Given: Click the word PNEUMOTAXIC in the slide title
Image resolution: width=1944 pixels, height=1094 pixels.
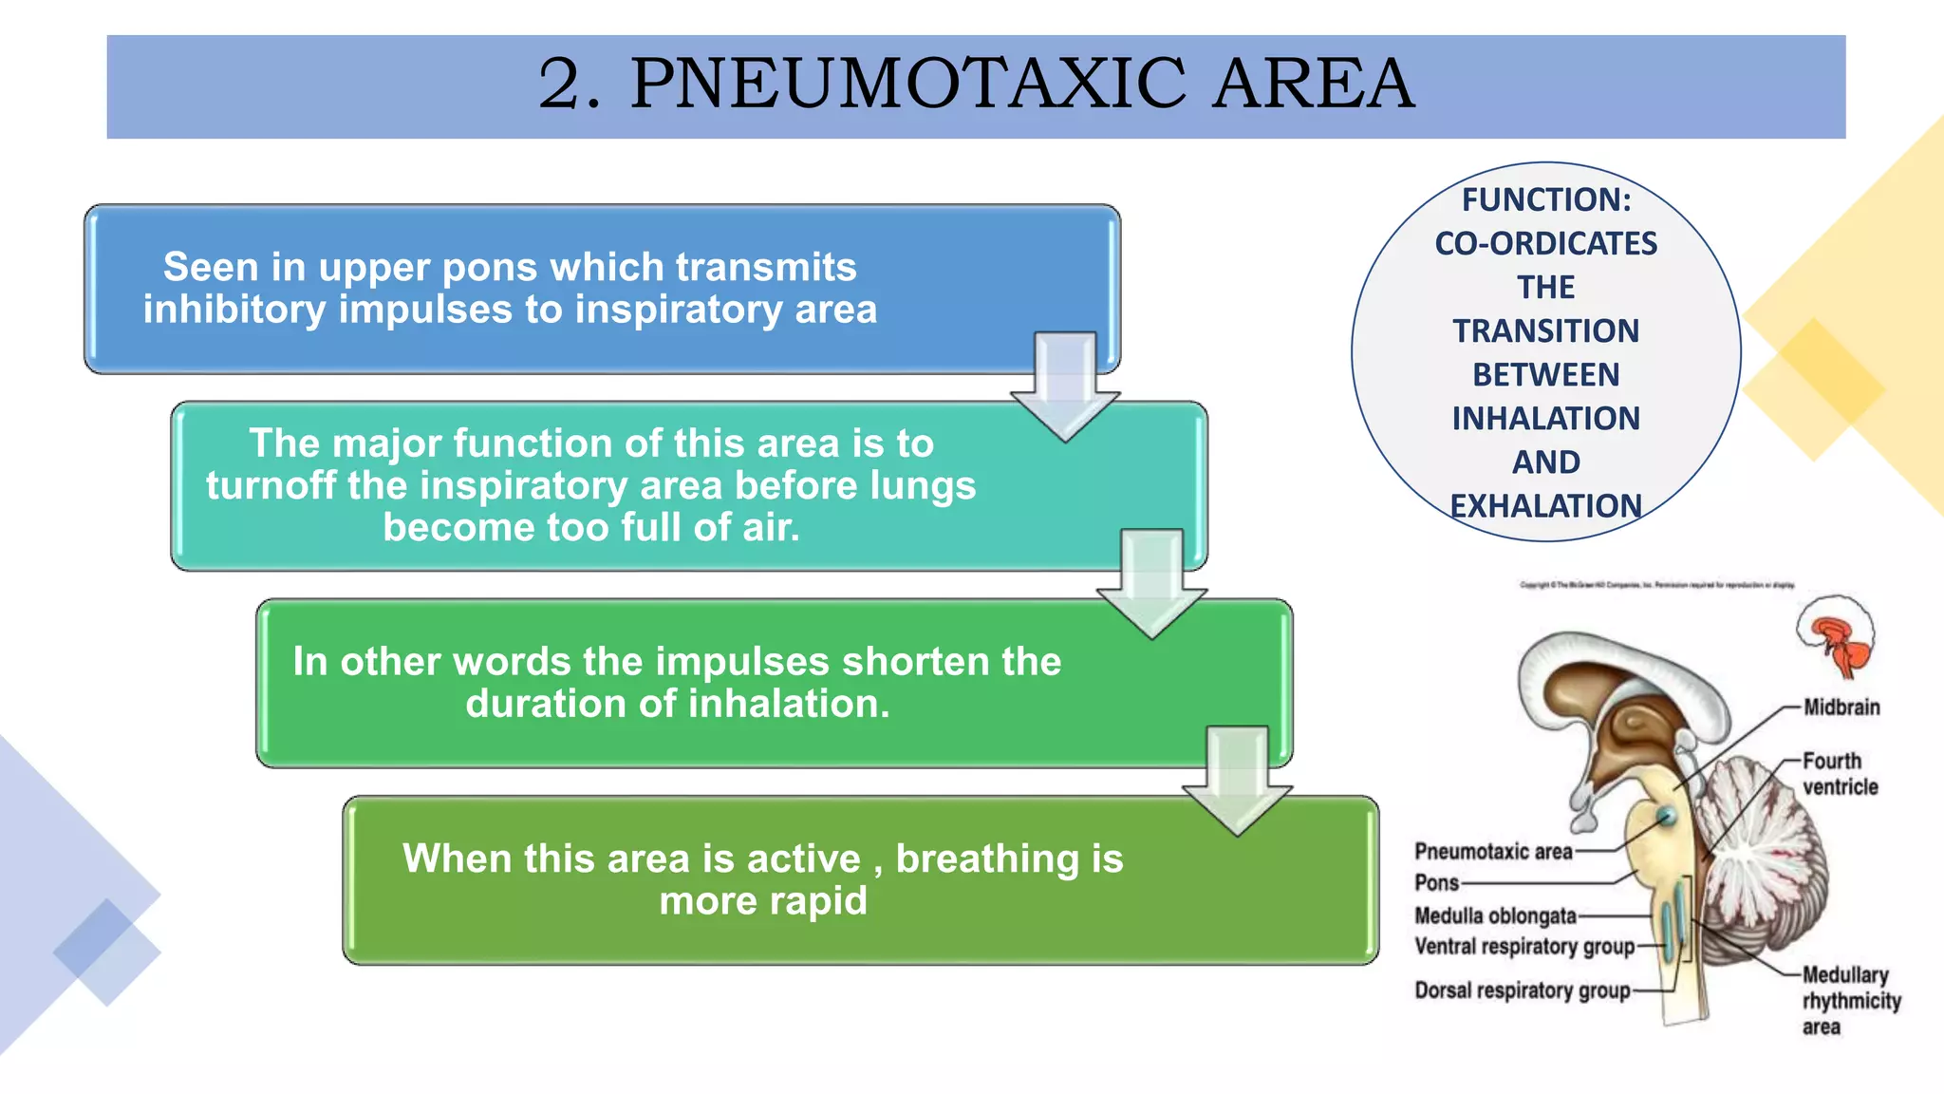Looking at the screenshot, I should pyautogui.click(x=908, y=84).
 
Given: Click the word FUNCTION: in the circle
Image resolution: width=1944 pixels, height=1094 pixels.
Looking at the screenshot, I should pyautogui.click(x=1546, y=200).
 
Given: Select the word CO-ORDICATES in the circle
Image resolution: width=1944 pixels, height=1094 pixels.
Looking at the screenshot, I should pyautogui.click(x=1546, y=244).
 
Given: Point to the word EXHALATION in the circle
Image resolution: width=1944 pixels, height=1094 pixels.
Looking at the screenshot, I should pyautogui.click(x=1546, y=506).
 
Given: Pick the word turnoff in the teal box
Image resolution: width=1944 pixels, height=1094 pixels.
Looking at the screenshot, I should pyautogui.click(x=271, y=485).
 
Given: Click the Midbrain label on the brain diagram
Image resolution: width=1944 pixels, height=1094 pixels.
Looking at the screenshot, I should pyautogui.click(x=1841, y=707).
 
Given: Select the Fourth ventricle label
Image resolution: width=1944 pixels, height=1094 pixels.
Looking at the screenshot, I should pyautogui.click(x=1840, y=774).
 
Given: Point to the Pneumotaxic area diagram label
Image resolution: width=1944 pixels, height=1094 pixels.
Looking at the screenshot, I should pyautogui.click(x=1493, y=852).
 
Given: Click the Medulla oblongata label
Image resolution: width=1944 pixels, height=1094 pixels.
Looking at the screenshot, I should pyautogui.click(x=1495, y=916).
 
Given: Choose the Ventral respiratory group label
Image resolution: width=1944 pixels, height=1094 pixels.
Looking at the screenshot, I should pyautogui.click(x=1524, y=947).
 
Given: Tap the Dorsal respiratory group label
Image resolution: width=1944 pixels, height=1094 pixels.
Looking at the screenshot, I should pyautogui.click(x=1523, y=991).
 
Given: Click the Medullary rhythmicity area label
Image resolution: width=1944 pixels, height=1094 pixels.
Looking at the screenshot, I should pyautogui.click(x=1851, y=1001).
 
